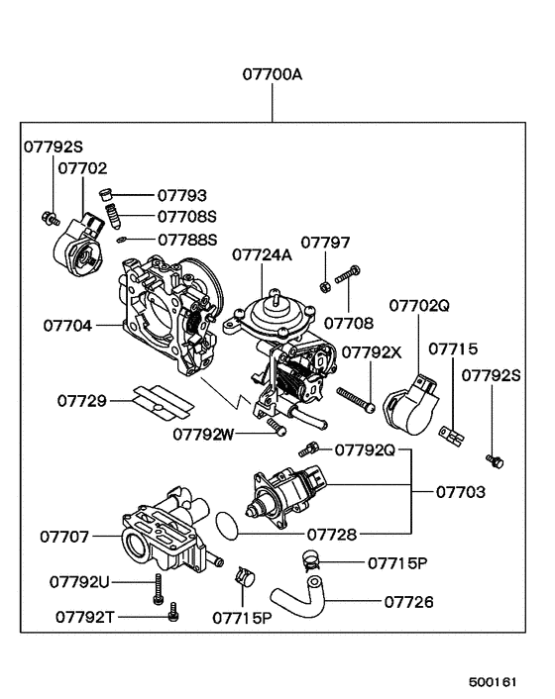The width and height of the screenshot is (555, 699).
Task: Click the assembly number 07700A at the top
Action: pos(273,74)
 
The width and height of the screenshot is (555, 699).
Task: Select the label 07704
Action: pos(67,324)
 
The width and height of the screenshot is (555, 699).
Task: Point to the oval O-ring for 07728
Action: pos(227,525)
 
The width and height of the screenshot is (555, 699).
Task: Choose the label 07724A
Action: pos(262,254)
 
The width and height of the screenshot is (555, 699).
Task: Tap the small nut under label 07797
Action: pos(326,288)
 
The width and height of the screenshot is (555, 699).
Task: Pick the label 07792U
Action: pos(80,581)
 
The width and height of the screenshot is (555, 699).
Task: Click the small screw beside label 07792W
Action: pos(277,426)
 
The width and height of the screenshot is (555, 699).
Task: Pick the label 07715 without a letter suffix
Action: pos(453,349)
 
